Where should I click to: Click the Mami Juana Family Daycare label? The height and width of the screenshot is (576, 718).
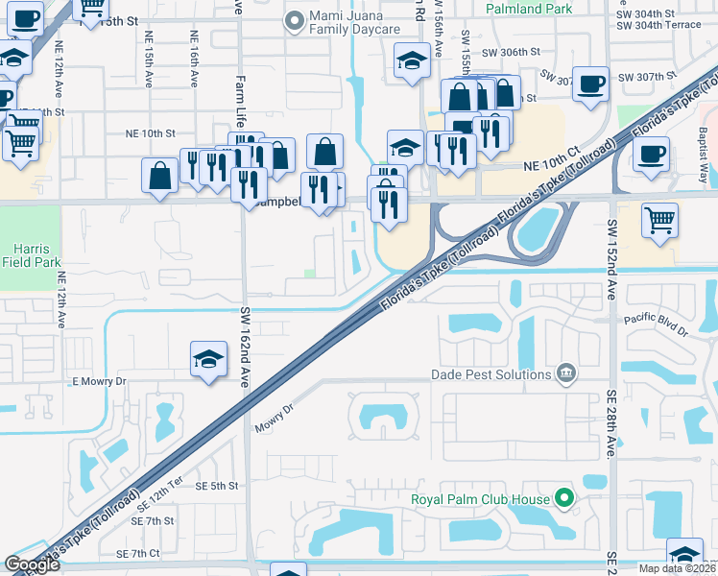tap(354, 24)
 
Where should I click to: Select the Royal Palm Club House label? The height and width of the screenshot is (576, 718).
tap(481, 499)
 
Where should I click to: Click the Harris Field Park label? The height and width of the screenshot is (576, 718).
tap(31, 253)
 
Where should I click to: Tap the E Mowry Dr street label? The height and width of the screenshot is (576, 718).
tap(99, 382)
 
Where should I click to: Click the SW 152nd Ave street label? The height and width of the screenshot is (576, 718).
tap(610, 259)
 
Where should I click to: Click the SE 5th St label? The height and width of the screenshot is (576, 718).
tap(210, 486)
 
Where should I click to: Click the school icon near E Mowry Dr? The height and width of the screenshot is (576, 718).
tap(208, 359)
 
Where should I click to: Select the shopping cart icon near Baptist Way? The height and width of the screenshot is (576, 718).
tap(659, 220)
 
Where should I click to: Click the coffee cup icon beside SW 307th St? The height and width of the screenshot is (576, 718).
tap(591, 83)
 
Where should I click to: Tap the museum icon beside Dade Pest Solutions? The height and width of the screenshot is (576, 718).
tap(565, 373)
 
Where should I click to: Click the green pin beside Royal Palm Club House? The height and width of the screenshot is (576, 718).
tap(565, 498)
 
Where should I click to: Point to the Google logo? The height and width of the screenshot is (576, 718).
tap(32, 564)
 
